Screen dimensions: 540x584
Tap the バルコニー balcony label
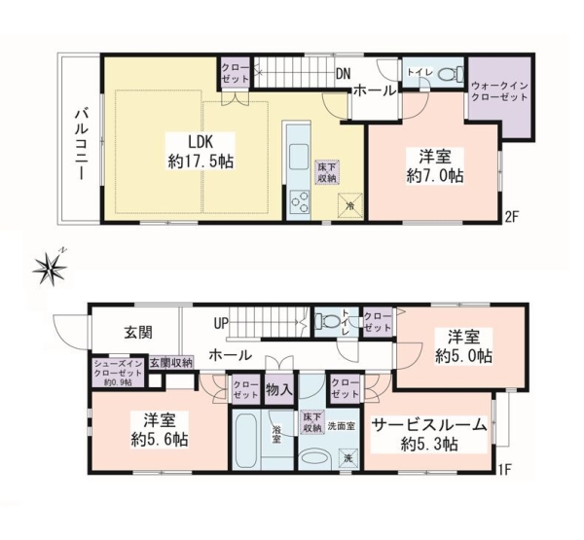pyautogui.click(x=81, y=140)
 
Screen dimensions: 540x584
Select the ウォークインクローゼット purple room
pyautogui.click(x=498, y=95)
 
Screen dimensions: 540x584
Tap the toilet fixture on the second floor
pyautogui.click(x=449, y=75)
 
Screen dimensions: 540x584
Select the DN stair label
pyautogui.click(x=344, y=73)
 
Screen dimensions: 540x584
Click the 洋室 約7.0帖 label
pyautogui.click(x=434, y=165)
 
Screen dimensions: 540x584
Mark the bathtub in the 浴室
pyautogui.click(x=246, y=441)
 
